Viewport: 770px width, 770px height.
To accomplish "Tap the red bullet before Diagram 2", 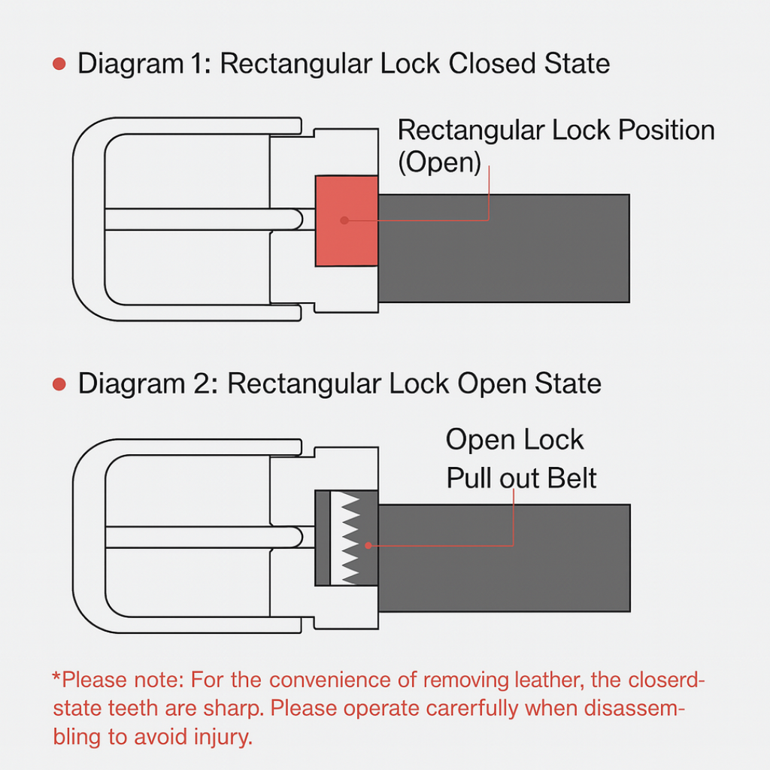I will point(59,385).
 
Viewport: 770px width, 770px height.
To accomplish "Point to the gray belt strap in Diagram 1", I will point(503,248).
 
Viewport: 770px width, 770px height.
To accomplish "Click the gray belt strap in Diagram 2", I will point(503,557).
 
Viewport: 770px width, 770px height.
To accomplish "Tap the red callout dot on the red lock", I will point(344,220).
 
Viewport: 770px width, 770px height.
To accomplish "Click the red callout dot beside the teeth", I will point(368,545).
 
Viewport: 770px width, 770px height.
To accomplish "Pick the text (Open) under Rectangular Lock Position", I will point(439,162).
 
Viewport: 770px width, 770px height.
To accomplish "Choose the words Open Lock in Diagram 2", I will point(514,440).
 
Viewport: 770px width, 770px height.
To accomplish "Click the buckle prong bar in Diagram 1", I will point(203,219).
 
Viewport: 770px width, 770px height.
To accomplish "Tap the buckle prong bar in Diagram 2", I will point(203,537).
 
